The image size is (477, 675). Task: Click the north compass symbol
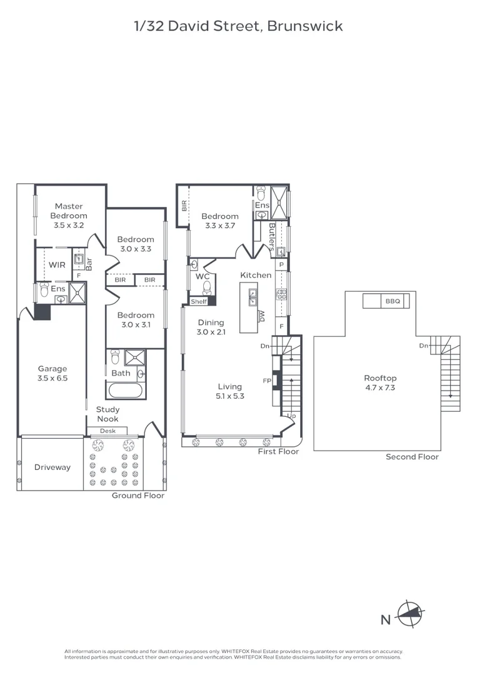click(410, 614)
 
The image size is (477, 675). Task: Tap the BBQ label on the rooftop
click(393, 301)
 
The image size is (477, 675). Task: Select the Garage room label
click(53, 369)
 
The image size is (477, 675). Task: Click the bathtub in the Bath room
click(125, 391)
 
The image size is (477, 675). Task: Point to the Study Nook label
click(108, 414)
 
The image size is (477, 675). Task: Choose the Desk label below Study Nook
click(108, 431)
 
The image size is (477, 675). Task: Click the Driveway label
click(53, 467)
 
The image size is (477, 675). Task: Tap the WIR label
click(57, 265)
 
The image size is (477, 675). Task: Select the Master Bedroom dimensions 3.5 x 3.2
click(69, 225)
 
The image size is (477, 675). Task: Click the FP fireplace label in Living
click(267, 381)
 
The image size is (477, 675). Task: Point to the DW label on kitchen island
click(261, 316)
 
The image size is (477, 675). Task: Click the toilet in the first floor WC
click(207, 286)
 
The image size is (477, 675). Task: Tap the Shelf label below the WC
click(199, 302)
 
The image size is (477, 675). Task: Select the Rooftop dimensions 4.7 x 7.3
click(380, 387)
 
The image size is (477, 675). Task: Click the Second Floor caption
click(412, 457)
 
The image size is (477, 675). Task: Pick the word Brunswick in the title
click(305, 26)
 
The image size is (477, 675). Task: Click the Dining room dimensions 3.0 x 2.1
click(211, 332)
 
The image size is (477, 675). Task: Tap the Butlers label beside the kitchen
click(272, 237)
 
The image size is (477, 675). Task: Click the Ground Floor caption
click(138, 496)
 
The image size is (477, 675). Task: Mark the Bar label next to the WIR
click(89, 264)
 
